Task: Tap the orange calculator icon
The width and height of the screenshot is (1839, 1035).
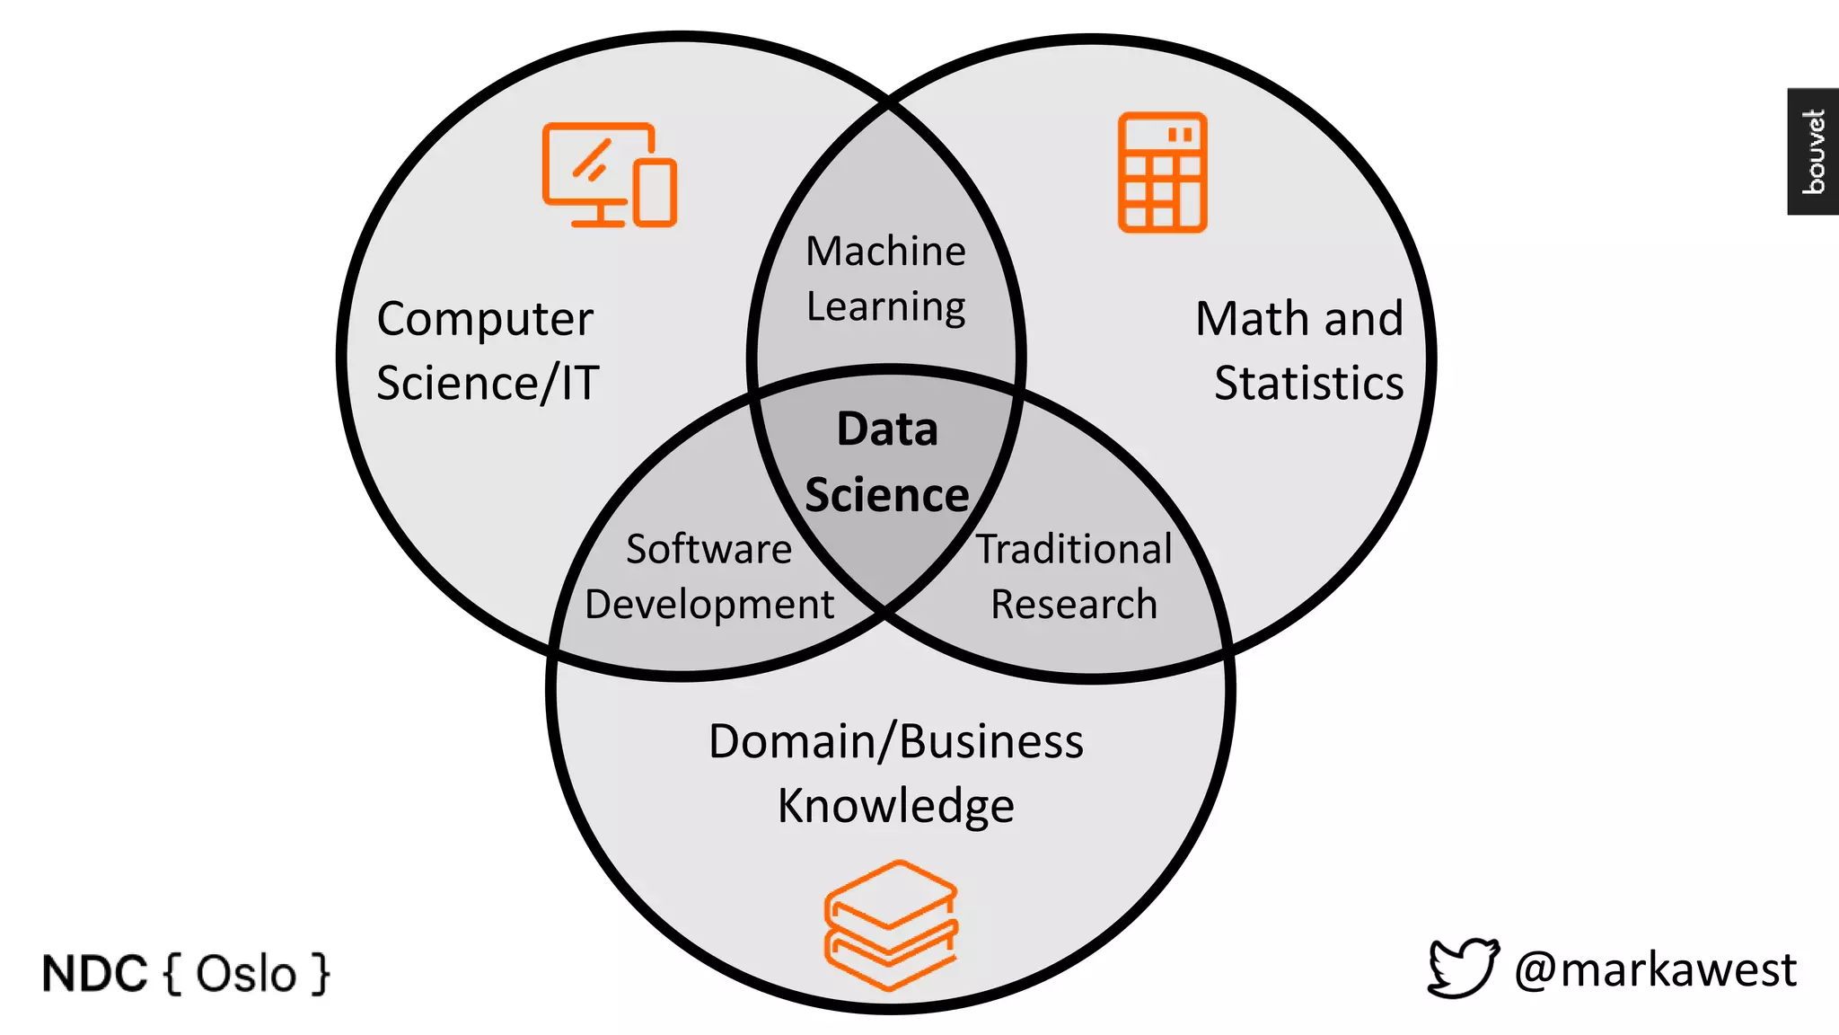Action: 1162,172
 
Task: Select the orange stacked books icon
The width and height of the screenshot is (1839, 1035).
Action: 891,925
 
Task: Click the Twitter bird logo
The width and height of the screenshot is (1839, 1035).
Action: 1462,969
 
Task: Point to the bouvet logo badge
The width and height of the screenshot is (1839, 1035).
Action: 1813,151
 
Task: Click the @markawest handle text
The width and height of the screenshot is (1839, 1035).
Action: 1655,970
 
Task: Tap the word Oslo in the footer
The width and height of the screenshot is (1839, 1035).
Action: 246,974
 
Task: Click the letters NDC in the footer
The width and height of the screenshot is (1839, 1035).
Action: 94,974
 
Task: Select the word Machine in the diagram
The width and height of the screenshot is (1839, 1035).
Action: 885,252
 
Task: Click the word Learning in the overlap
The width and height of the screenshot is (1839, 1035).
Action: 885,307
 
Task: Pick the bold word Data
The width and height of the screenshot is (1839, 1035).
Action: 887,429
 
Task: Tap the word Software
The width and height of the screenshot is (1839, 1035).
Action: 708,549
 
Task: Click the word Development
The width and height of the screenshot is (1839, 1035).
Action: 708,605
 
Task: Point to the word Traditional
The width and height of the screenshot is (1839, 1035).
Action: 1074,549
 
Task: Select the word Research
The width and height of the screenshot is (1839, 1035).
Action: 1074,605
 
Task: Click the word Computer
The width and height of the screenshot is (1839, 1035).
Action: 485,320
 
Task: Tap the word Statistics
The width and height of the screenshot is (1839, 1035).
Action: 1308,384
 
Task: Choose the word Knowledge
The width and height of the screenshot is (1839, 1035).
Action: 895,806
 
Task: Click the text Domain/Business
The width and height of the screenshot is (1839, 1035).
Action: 895,742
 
